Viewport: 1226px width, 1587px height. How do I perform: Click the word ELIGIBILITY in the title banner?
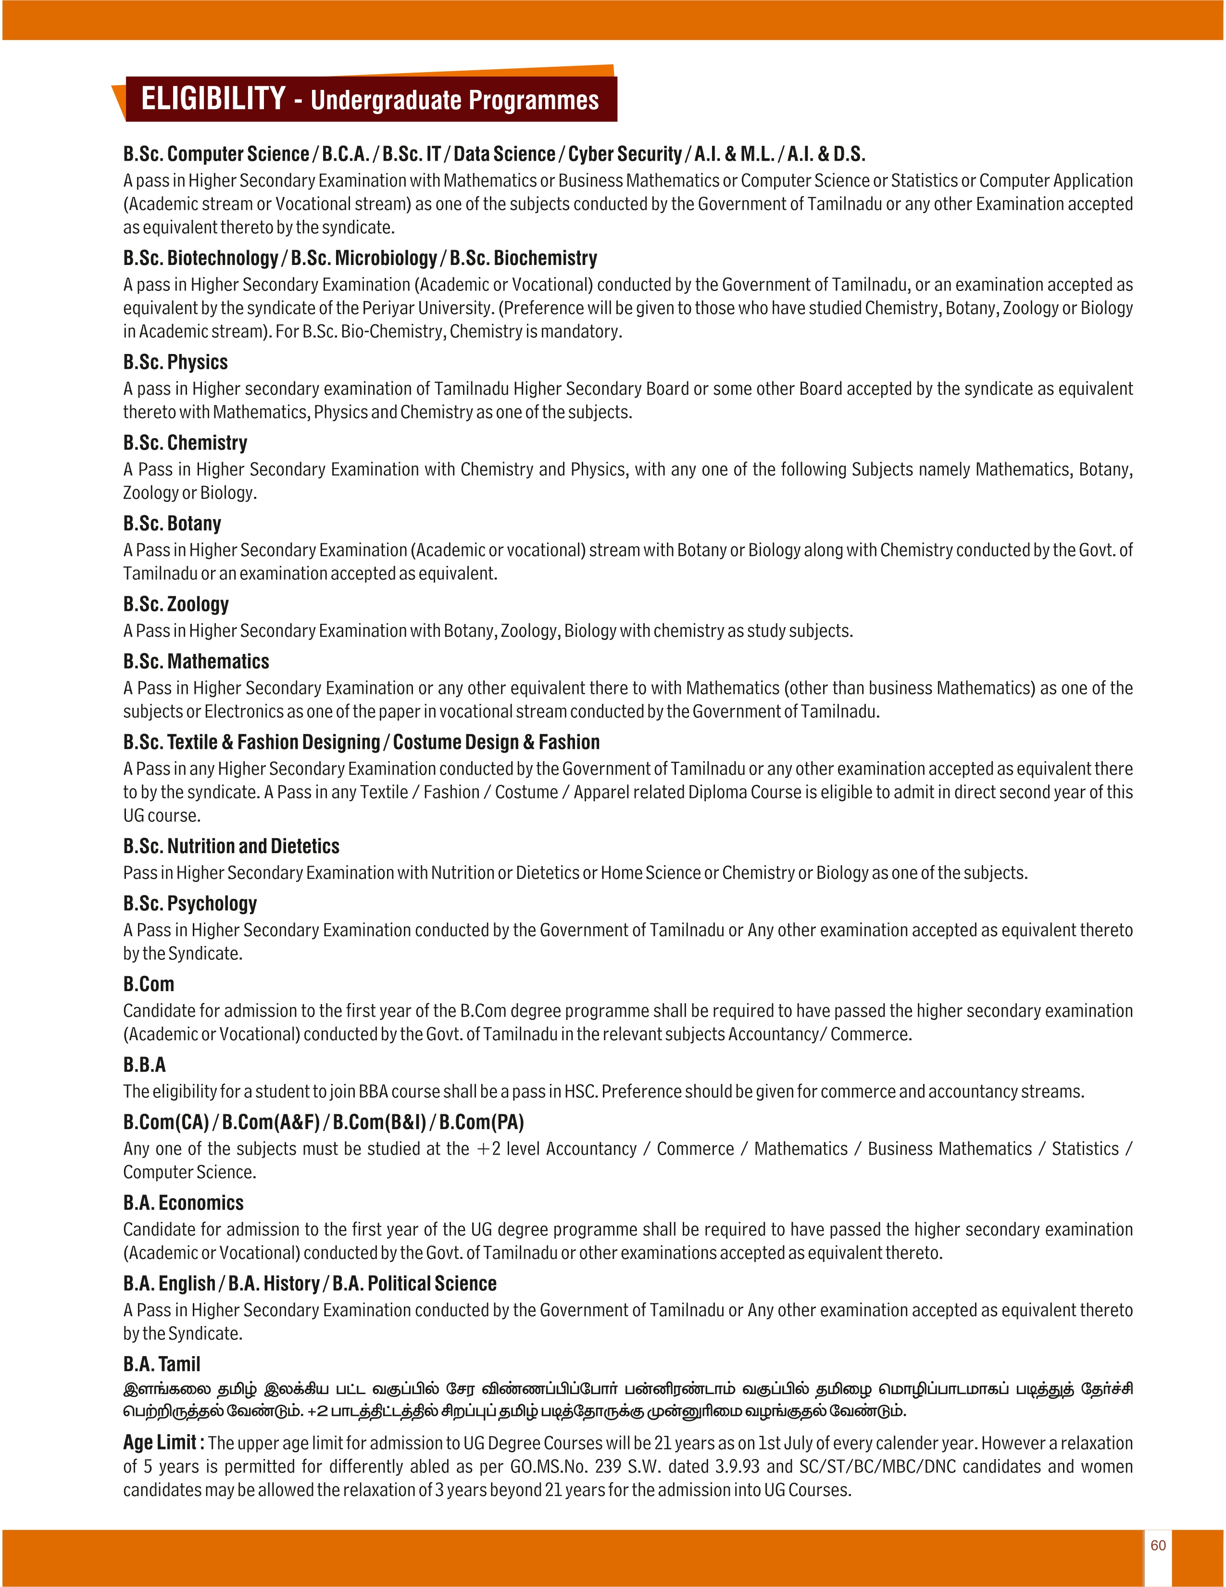(x=213, y=99)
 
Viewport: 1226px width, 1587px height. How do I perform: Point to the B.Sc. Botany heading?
(x=172, y=523)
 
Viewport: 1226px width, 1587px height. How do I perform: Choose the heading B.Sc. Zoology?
(x=176, y=604)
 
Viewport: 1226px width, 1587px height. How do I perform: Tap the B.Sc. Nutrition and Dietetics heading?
(x=231, y=846)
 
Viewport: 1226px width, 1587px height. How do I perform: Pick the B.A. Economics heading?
(x=183, y=1203)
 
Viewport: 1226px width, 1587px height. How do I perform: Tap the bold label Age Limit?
(x=160, y=1442)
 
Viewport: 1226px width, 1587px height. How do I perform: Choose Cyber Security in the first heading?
(x=624, y=154)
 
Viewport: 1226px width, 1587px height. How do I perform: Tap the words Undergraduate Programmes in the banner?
(x=455, y=101)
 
